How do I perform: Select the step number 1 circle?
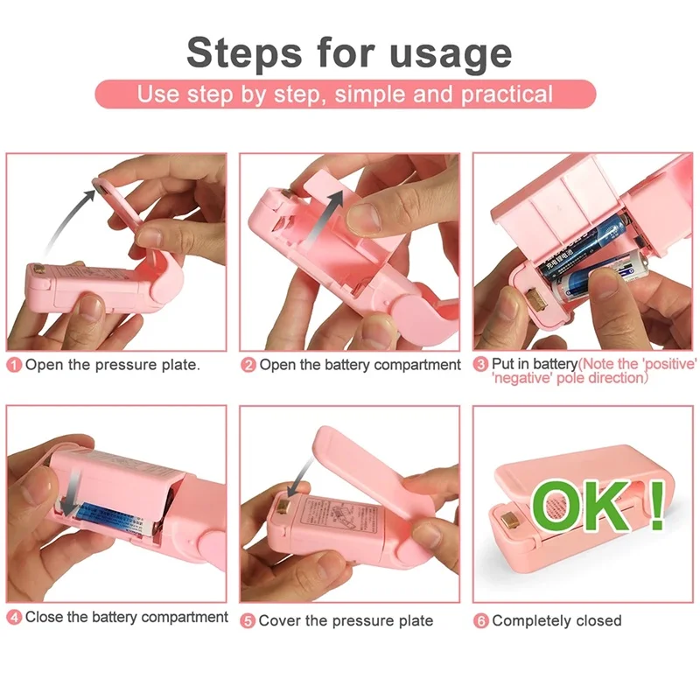pyautogui.click(x=15, y=365)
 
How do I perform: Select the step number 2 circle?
pyautogui.click(x=248, y=365)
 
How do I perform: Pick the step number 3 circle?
pyautogui.click(x=481, y=364)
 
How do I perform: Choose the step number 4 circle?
pyautogui.click(x=15, y=618)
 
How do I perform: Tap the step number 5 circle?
pyautogui.click(x=248, y=620)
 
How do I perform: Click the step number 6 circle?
pyautogui.click(x=481, y=620)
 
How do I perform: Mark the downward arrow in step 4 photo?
pyautogui.click(x=73, y=486)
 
